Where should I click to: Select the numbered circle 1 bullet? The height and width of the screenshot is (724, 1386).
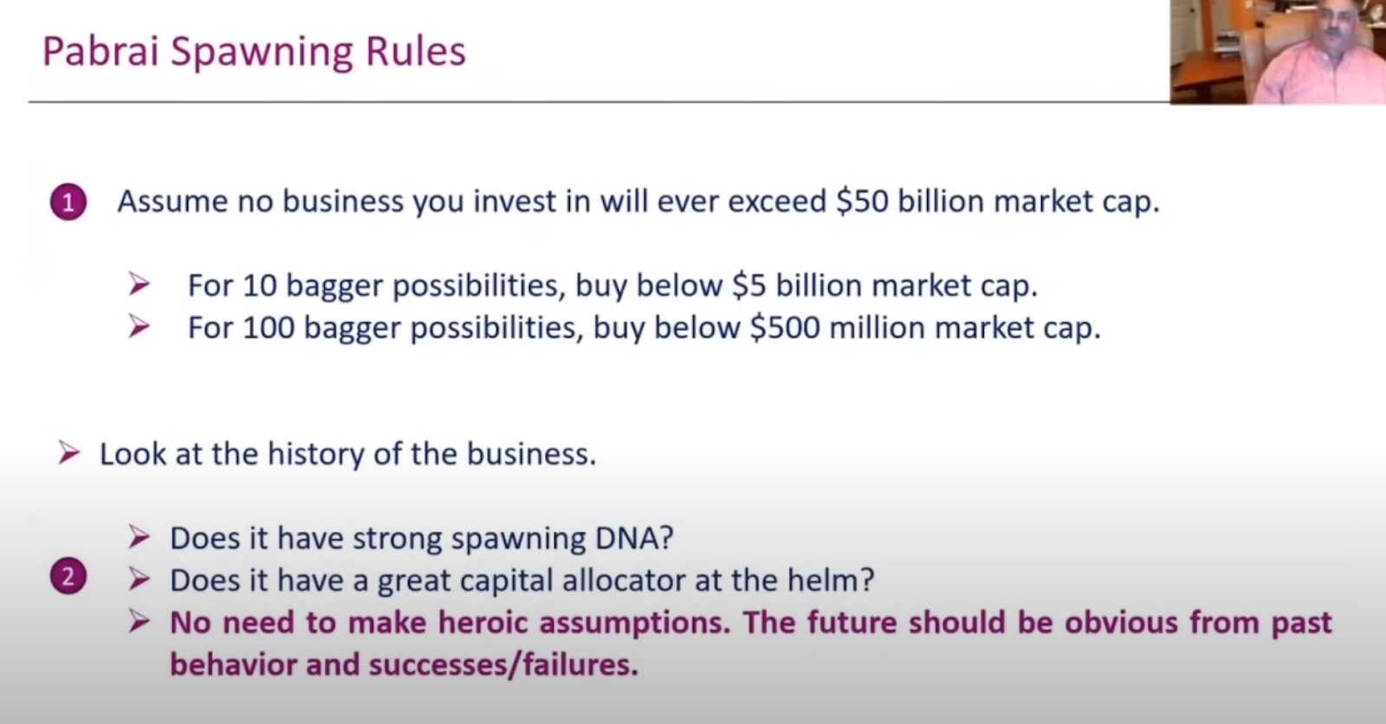click(68, 203)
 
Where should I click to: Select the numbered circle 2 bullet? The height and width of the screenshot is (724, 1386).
click(68, 577)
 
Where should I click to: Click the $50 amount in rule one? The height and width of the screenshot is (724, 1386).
click(862, 201)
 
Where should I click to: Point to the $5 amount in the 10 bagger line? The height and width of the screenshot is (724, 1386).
click(748, 285)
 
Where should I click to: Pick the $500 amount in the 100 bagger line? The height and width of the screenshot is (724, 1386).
click(785, 327)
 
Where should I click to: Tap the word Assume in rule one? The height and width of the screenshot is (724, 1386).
click(172, 201)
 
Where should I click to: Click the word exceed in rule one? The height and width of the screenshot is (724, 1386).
click(777, 201)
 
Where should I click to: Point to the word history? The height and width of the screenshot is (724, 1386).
click(316, 455)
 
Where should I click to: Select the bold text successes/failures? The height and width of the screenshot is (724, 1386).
click(503, 664)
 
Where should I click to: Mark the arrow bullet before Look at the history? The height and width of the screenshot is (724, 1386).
click(68, 454)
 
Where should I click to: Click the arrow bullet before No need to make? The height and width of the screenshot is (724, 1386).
click(139, 622)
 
